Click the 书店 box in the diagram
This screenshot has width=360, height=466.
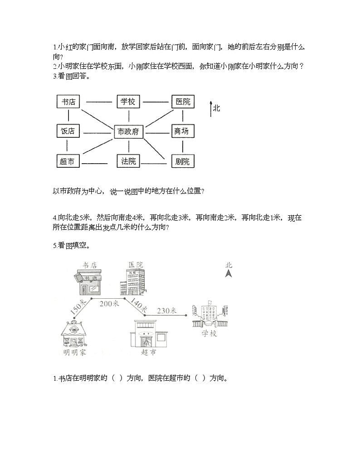click(68, 102)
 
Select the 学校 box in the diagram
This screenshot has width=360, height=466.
click(128, 102)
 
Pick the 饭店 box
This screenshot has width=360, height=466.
click(68, 131)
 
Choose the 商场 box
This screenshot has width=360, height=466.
click(181, 131)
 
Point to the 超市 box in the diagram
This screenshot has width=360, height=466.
click(67, 161)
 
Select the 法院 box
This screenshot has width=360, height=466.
click(128, 161)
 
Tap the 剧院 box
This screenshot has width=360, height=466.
click(182, 161)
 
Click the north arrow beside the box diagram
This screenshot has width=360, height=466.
click(210, 109)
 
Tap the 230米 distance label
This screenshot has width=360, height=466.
click(166, 311)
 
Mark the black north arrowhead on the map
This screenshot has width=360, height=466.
click(229, 273)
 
